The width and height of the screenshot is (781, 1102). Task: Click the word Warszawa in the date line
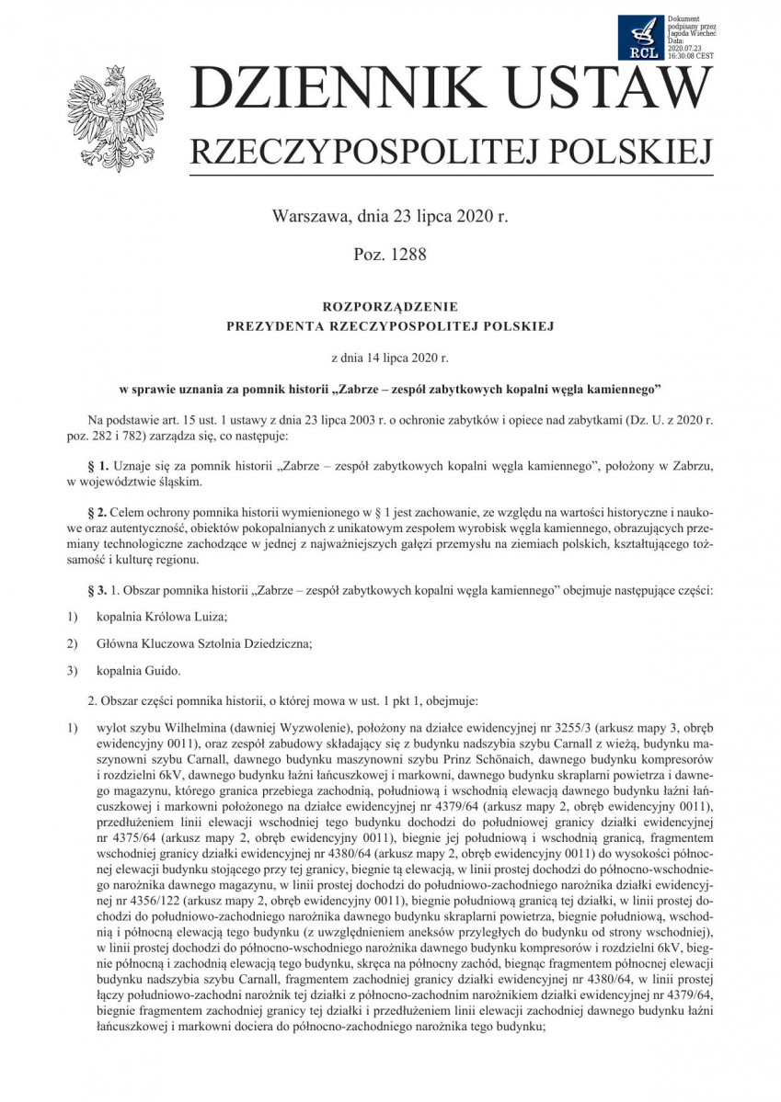(x=308, y=218)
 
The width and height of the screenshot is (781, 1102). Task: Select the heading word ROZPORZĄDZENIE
(x=390, y=306)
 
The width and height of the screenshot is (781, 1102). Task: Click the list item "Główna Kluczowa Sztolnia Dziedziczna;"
(x=203, y=643)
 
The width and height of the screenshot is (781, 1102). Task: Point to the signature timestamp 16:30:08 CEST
(x=691, y=55)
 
